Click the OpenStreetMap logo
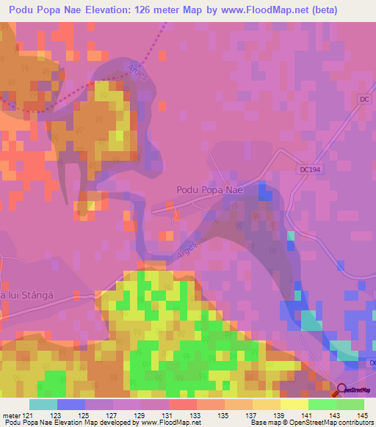click(352, 391)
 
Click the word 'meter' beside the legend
click(10, 415)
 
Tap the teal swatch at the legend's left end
click(43, 404)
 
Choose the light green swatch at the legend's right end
click(350, 404)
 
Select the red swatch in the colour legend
click(182, 404)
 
